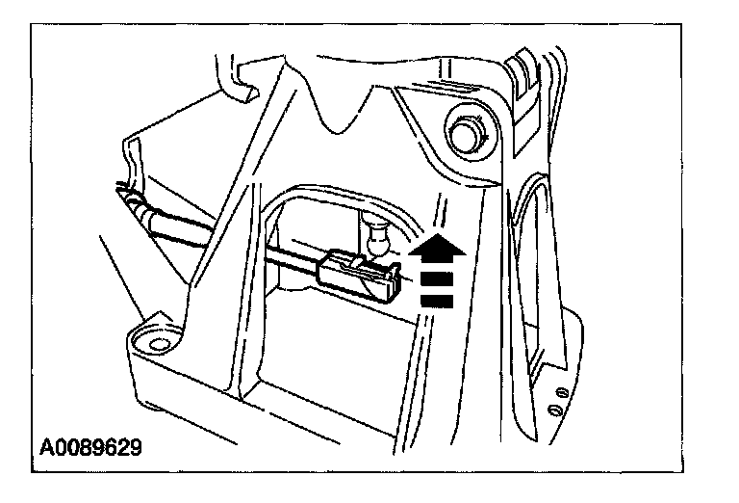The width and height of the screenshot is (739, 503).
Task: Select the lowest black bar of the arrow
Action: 437,302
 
